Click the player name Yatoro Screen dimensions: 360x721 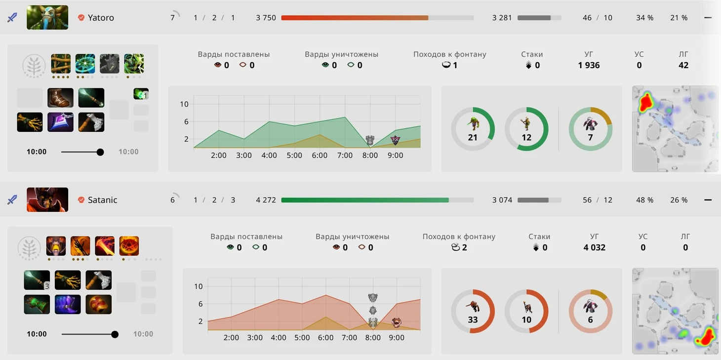tap(101, 18)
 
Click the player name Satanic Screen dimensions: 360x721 tap(102, 200)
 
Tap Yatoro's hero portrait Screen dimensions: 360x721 tap(47, 18)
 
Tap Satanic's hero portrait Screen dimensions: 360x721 tap(47, 200)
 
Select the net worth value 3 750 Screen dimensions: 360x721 tap(266, 18)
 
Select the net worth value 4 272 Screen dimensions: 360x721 tap(266, 200)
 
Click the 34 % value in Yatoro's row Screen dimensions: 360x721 tap(644, 18)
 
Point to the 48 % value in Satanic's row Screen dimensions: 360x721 tap(644, 200)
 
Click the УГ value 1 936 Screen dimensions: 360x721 tap(589, 65)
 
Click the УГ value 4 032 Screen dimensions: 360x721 tap(594, 247)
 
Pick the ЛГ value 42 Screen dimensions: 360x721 tap(683, 65)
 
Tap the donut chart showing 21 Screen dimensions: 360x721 tap(473, 129)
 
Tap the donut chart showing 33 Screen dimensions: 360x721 tap(473, 311)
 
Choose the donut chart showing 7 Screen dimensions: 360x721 tap(590, 129)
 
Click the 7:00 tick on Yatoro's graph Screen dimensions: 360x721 tap(345, 156)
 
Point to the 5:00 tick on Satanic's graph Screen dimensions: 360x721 tap(302, 338)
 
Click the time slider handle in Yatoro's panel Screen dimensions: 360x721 tap(100, 152)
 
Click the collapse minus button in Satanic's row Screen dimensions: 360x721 tap(708, 200)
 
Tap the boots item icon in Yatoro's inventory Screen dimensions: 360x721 tap(60, 98)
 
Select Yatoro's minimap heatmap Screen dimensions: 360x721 tap(675, 129)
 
